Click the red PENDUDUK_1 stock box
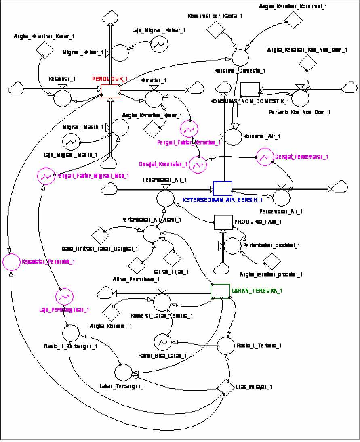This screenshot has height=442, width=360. click(x=111, y=91)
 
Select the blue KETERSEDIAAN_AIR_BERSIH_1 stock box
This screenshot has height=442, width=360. click(x=223, y=188)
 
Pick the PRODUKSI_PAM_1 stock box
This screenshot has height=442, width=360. click(x=223, y=222)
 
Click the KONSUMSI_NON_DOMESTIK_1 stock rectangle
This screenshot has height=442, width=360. click(x=249, y=89)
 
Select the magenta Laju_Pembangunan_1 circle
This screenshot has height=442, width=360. click(x=65, y=297)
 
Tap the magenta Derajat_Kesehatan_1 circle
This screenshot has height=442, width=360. click(x=198, y=164)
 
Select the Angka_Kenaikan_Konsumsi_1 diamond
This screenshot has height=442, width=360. click(x=292, y=19)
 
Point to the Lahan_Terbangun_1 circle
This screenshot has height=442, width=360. click(x=123, y=371)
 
